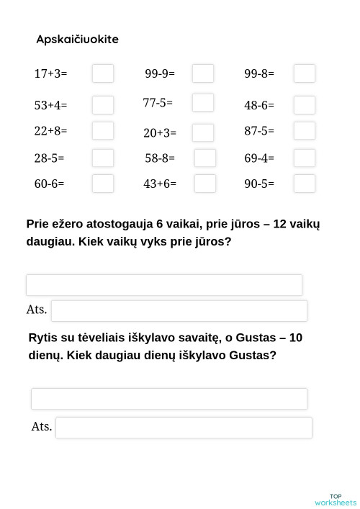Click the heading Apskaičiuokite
tap(77, 40)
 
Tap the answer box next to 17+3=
tap(103, 73)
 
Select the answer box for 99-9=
tap(203, 73)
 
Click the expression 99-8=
tap(259, 73)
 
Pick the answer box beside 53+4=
tap(103, 105)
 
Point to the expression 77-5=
tap(158, 103)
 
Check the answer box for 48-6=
tap(305, 105)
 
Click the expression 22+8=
tap(50, 131)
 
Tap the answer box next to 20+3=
tap(203, 132)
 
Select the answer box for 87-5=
tap(305, 131)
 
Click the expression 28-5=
tap(49, 158)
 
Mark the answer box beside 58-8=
tap(205, 158)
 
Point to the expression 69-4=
tap(259, 158)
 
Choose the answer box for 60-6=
tap(103, 184)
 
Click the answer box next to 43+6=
tap(205, 184)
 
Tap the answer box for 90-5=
tap(305, 184)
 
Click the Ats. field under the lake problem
tap(179, 311)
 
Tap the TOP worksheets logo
tap(336, 500)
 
